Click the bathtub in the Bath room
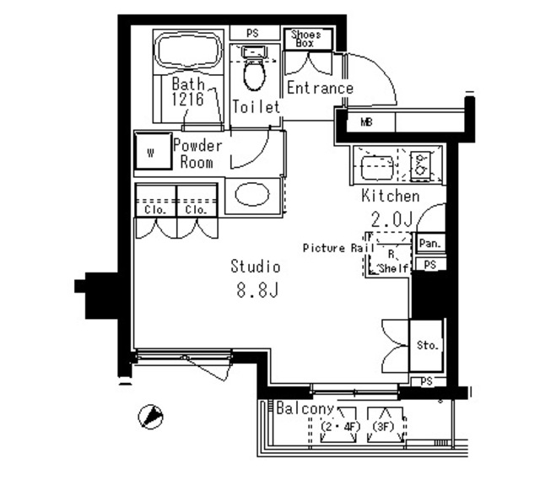tap(189, 51)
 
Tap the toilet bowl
tap(255, 73)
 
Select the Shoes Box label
tap(305, 39)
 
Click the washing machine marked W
tap(154, 151)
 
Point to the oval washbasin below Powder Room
tap(252, 195)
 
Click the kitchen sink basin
tap(377, 168)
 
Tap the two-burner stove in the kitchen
tap(420, 165)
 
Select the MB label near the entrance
tap(367, 121)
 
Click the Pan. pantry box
tap(430, 244)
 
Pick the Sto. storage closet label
tap(428, 345)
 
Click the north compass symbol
tap(150, 417)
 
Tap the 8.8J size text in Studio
tap(257, 290)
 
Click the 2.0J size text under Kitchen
tap(391, 219)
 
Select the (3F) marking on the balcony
tap(383, 427)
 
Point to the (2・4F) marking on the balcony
tap(340, 427)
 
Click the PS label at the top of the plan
tap(252, 34)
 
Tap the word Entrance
tap(321, 88)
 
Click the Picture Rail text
tap(339, 248)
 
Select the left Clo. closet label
tap(155, 209)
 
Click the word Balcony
tap(305, 408)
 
